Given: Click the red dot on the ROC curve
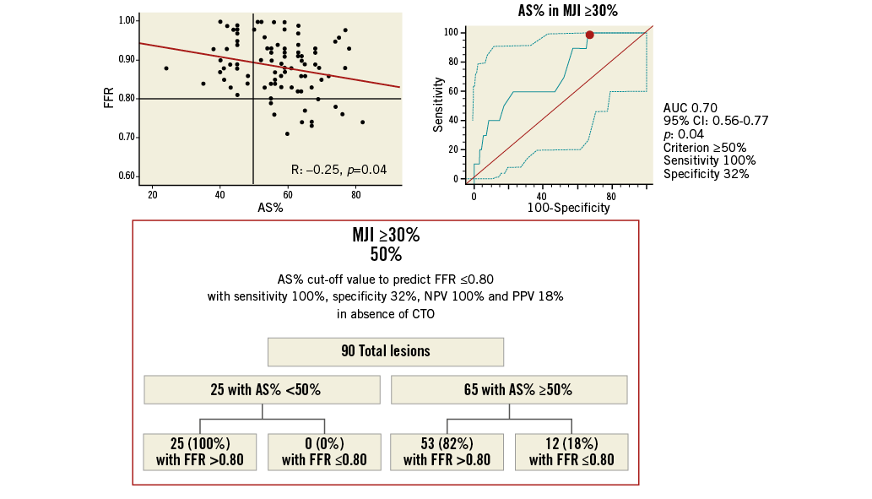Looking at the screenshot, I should [x=589, y=35].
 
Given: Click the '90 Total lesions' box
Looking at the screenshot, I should [x=385, y=351].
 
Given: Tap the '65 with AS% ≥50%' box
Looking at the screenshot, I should [x=509, y=390].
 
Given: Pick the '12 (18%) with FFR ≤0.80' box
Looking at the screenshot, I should [x=571, y=451].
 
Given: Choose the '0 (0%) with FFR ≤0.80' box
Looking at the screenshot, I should [x=324, y=451].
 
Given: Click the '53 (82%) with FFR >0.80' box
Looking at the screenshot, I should [x=447, y=451].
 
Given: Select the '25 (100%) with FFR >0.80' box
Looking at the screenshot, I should [x=200, y=451].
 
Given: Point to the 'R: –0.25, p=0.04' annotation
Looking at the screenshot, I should [x=339, y=170].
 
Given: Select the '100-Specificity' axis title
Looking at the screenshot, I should [x=568, y=207].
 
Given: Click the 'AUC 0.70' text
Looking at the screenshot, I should [x=689, y=107].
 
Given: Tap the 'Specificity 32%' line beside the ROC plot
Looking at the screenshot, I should [x=707, y=174].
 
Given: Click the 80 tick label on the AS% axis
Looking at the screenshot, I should [x=355, y=196].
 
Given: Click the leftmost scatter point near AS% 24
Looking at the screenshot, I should [x=166, y=68].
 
